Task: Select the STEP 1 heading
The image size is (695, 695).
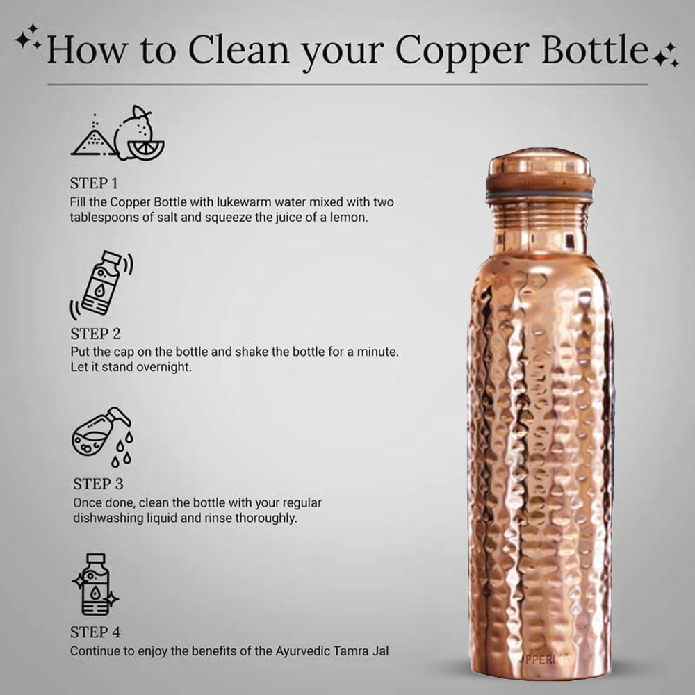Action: click(94, 184)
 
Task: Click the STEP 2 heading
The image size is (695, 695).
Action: click(95, 334)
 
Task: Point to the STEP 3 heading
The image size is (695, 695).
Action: click(98, 484)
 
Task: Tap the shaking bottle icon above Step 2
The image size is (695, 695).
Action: click(101, 284)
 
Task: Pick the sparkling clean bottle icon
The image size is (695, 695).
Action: click(96, 584)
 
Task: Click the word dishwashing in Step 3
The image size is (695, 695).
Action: click(106, 518)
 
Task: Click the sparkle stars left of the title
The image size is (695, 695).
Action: click(28, 38)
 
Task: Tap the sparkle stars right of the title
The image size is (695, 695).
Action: click(666, 55)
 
